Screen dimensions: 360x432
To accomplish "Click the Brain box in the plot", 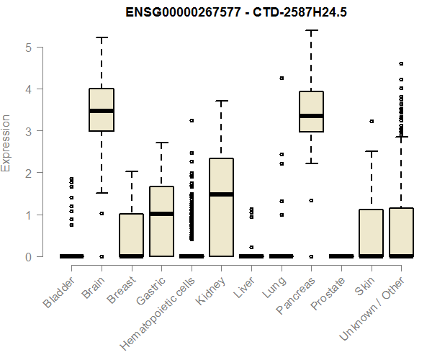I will point(102,109).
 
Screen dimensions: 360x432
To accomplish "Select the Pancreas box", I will point(311,112).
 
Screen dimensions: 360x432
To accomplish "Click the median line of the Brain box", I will point(102,111).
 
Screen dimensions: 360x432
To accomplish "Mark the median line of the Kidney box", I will point(221,194).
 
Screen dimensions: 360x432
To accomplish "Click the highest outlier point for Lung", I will point(282,78).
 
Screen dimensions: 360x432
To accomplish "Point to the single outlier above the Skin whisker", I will point(372,122).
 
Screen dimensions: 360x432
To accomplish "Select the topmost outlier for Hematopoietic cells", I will point(192,121).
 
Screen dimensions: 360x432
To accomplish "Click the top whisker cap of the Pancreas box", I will point(311,30).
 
